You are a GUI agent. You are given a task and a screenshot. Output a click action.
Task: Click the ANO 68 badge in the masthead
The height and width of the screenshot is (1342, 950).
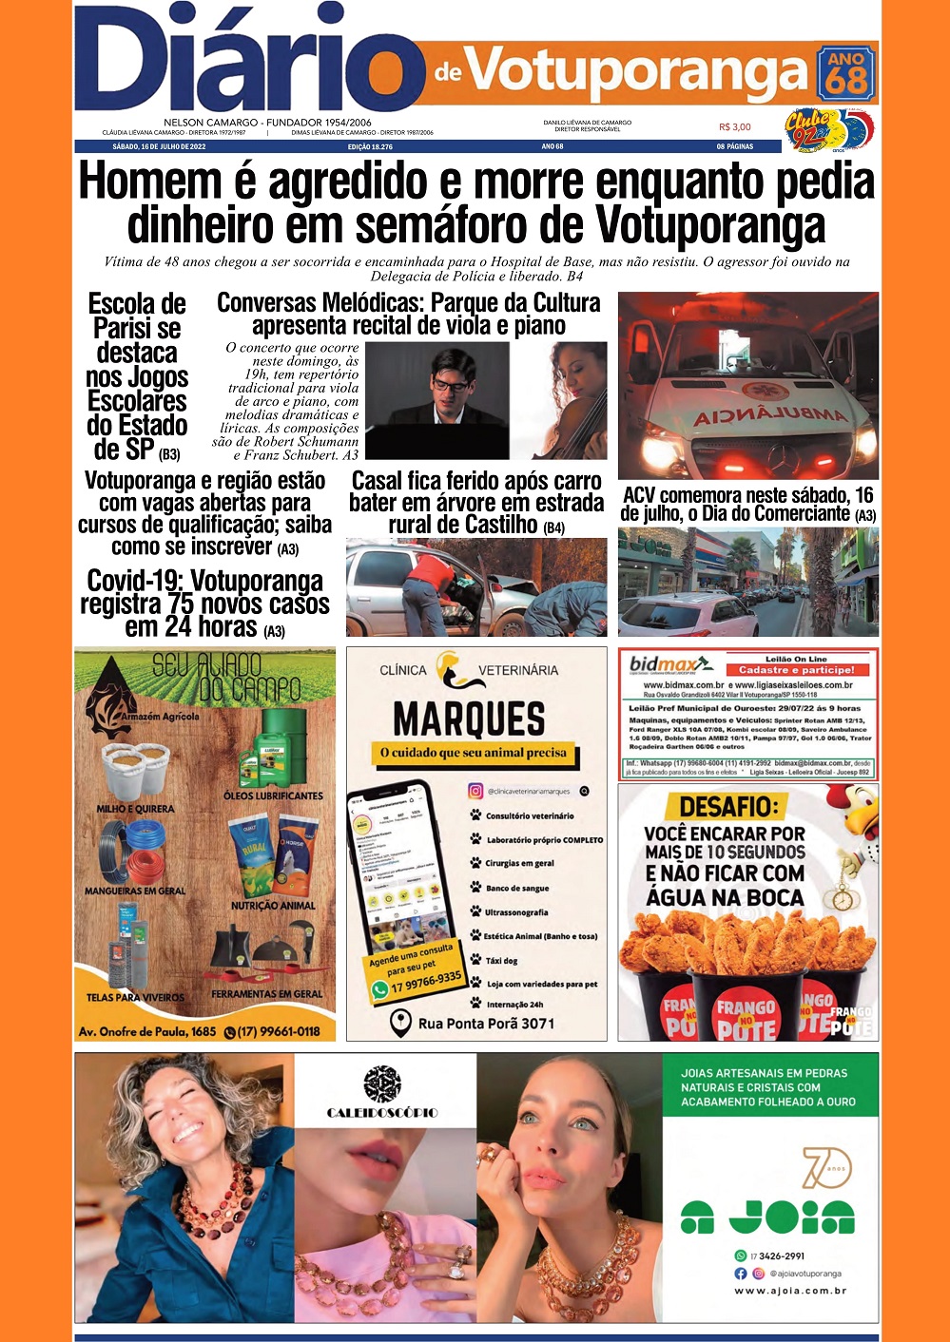coord(845,73)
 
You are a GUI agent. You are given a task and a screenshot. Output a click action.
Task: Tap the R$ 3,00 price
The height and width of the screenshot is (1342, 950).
coord(734,126)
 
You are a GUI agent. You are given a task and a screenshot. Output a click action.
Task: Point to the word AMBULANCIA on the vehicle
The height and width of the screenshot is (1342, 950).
coord(770,415)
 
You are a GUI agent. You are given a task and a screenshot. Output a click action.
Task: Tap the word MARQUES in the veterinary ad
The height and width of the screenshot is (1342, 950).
coord(470,719)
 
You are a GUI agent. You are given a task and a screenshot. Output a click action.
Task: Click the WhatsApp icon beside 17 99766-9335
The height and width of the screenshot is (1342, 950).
coord(380,990)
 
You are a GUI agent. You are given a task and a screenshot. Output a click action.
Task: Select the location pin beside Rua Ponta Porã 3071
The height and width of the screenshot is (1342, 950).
coord(401,1024)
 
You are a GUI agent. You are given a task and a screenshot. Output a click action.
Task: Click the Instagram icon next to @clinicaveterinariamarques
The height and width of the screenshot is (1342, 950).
coord(475,791)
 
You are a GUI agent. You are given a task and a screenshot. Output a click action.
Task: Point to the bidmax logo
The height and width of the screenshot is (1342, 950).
coord(669,663)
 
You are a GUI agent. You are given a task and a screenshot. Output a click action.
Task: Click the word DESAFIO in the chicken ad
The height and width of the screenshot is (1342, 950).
coord(728,807)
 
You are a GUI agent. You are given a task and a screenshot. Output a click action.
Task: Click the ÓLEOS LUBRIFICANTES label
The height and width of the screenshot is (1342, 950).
coord(273,796)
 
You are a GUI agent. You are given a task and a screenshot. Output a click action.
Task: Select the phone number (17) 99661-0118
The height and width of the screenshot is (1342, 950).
coord(272,1031)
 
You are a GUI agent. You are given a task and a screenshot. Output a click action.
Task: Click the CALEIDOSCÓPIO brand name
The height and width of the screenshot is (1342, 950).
coord(382,1112)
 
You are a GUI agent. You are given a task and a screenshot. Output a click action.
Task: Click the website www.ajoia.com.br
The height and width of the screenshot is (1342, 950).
coord(789,1291)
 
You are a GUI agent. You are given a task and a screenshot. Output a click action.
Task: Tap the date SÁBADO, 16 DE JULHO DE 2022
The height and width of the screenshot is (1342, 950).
coord(159,147)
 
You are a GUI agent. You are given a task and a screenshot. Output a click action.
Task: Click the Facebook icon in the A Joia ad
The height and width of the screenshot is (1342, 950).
coord(741,1274)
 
